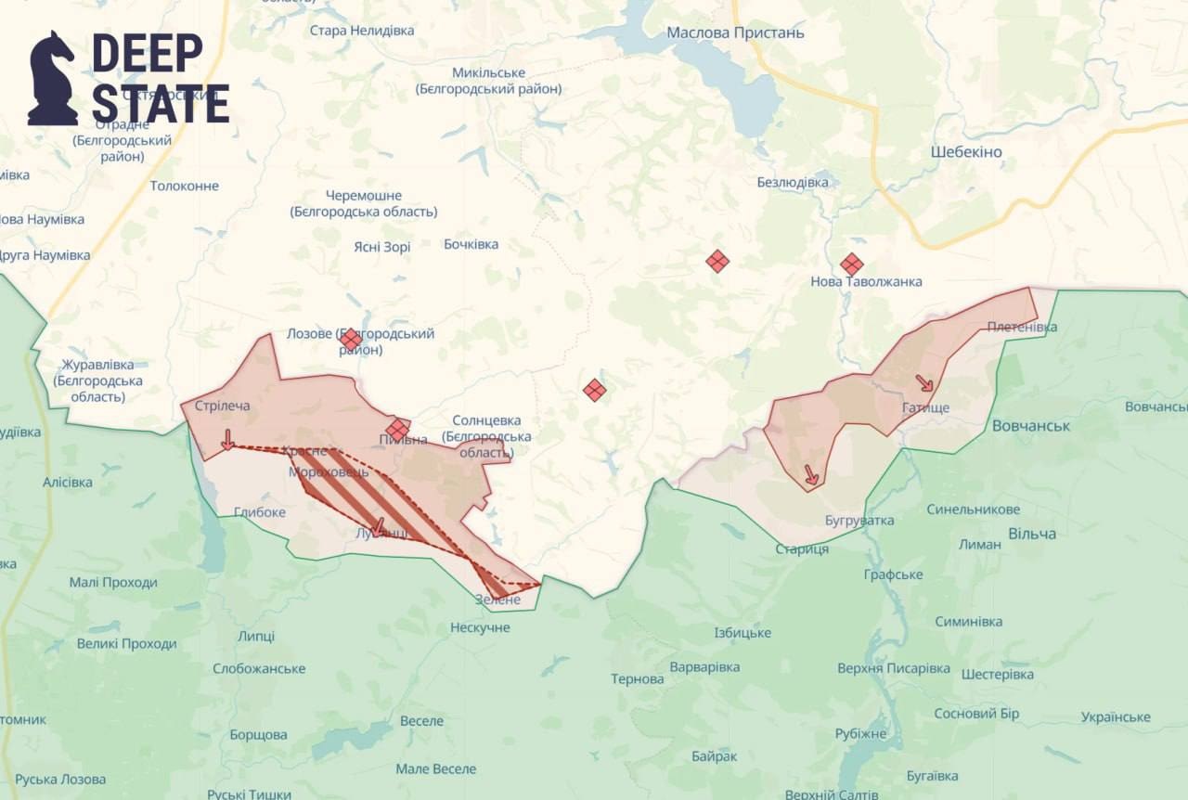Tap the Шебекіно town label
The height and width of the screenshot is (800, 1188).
(966, 152)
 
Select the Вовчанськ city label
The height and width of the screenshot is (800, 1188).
(1030, 426)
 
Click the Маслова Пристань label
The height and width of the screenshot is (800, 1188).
(735, 33)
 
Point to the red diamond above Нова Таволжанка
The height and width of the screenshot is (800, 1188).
(851, 265)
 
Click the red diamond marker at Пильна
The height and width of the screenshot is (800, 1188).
(397, 429)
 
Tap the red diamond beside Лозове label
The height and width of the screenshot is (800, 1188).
(351, 340)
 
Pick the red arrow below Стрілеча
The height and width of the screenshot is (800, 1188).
(227, 440)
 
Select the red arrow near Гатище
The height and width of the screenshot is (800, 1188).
(924, 383)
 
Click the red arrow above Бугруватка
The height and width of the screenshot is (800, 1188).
(810, 474)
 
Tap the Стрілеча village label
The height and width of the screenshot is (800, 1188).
(223, 406)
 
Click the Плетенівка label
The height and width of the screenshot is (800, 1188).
(1022, 327)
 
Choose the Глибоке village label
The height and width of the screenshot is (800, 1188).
(259, 511)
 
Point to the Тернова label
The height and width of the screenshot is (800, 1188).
(637, 679)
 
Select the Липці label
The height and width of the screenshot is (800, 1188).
(256, 636)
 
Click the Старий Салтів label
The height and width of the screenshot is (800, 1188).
(831, 794)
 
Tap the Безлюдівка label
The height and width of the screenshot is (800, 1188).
(793, 182)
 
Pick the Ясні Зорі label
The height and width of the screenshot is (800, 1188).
(381, 247)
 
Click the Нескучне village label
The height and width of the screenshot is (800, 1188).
(480, 628)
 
